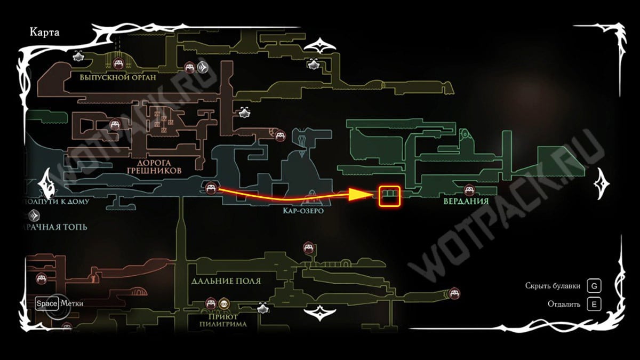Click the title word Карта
tap(45, 33)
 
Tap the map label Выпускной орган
tap(118, 77)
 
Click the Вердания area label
tap(466, 202)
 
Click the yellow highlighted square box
tap(389, 196)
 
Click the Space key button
tap(46, 303)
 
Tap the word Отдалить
tap(564, 305)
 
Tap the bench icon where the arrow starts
tap(211, 188)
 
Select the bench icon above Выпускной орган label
tap(119, 64)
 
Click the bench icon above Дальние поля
tap(308, 247)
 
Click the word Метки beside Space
tap(71, 303)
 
